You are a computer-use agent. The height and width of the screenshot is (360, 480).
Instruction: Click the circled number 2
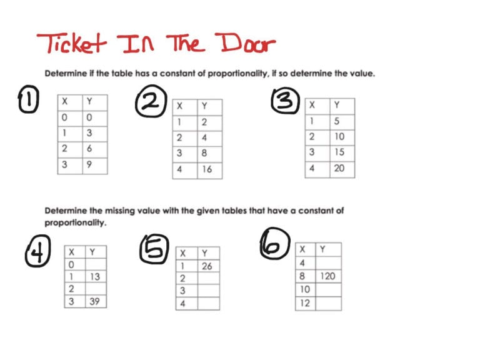click(150, 102)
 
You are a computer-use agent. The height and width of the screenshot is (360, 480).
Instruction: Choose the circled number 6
click(275, 244)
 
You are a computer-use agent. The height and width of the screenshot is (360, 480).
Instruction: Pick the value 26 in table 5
click(207, 266)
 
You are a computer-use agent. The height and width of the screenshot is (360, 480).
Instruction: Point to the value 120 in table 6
click(329, 276)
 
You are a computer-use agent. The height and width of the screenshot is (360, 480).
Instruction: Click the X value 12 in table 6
click(306, 304)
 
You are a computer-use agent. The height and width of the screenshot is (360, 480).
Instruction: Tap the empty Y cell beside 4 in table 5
click(208, 304)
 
